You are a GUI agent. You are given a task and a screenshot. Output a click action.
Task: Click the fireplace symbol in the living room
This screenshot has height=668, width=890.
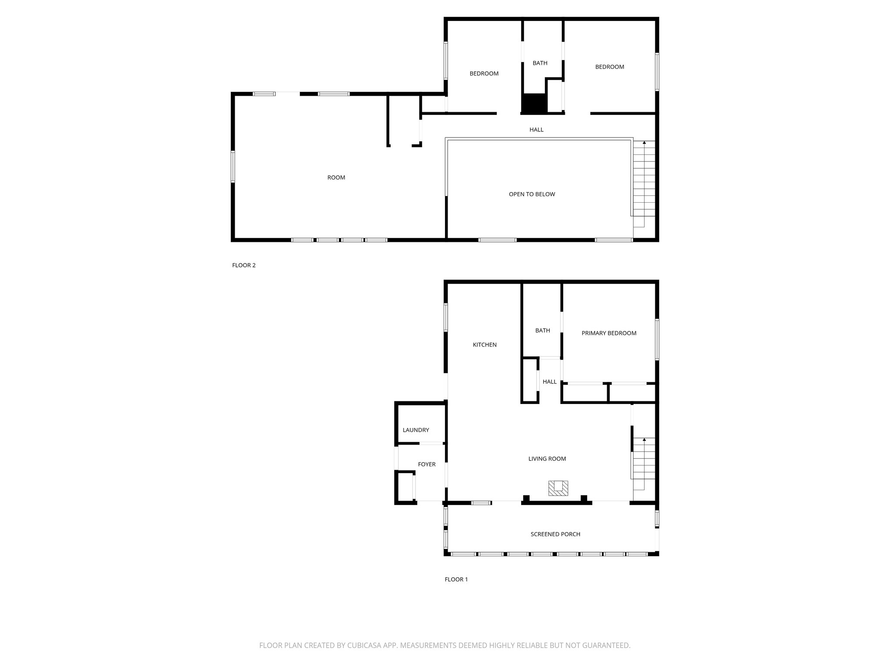[558, 488]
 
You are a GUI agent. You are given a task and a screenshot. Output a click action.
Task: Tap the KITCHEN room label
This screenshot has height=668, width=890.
[485, 345]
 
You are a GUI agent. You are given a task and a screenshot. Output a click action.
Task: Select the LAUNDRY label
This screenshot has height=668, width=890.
[416, 430]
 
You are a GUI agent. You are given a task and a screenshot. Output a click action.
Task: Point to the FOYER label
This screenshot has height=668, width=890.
[427, 464]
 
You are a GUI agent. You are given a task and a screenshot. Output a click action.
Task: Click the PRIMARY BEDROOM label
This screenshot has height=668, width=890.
[609, 333]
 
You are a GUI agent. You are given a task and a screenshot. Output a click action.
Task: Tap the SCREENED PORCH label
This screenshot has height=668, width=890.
[555, 534]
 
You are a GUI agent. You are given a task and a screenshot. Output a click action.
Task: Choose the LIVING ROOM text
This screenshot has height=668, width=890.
[547, 459]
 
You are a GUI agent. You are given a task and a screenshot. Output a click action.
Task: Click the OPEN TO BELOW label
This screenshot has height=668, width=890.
[532, 194]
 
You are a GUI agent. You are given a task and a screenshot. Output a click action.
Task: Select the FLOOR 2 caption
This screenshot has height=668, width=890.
[244, 265]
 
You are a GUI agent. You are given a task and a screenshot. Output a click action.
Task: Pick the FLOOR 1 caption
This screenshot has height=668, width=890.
[456, 579]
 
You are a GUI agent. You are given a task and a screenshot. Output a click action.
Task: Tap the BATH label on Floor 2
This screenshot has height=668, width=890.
[540, 63]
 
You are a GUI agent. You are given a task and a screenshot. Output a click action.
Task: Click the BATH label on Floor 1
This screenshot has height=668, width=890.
[543, 331]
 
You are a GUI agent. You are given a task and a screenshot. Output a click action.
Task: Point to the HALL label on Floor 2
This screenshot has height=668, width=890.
[536, 130]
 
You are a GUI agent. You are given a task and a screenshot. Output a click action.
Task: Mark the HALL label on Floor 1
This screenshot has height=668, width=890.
[550, 382]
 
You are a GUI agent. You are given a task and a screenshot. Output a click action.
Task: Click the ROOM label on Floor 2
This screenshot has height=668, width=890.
[336, 177]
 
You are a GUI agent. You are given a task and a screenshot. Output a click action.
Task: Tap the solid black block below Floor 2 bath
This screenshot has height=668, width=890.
[534, 104]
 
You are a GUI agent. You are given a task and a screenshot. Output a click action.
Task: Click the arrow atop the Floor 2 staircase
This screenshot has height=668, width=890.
[644, 143]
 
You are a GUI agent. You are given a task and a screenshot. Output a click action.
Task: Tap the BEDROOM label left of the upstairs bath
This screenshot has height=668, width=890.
[484, 73]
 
